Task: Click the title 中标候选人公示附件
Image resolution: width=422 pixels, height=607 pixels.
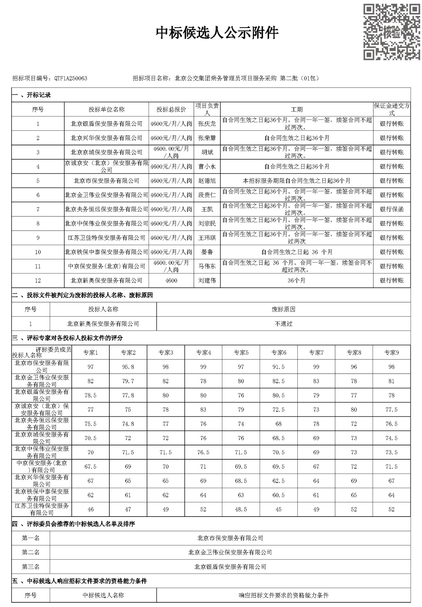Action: coord(217,33)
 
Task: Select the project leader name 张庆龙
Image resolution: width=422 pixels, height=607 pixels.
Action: coord(207,124)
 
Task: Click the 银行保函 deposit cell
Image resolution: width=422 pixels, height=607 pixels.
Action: coord(392,209)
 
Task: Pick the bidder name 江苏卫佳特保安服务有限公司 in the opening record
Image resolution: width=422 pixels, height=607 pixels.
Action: coord(106,238)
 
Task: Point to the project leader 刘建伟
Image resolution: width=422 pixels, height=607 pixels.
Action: coord(207,280)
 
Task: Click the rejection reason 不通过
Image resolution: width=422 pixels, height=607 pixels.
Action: coord(283,324)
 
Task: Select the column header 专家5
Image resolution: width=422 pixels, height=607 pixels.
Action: coord(241,353)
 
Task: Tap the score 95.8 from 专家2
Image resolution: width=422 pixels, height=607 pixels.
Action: coord(128,367)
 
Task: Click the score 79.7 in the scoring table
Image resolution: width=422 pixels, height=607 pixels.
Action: coord(128,381)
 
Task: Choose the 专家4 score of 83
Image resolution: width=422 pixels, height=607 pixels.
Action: coord(203,409)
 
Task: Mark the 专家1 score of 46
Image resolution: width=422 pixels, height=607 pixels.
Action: coord(90,509)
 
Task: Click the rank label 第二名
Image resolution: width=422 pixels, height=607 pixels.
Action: coord(31,552)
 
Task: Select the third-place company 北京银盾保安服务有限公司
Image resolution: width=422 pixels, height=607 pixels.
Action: coord(230,566)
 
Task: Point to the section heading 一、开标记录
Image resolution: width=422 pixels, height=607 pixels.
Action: coord(32,95)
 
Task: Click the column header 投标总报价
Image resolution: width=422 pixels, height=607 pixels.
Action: coord(171,109)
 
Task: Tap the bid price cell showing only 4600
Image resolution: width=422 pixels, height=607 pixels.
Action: coord(171,280)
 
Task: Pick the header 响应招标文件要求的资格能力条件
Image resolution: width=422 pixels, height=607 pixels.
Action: coord(283,595)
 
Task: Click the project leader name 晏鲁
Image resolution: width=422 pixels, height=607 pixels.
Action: coord(207,252)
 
